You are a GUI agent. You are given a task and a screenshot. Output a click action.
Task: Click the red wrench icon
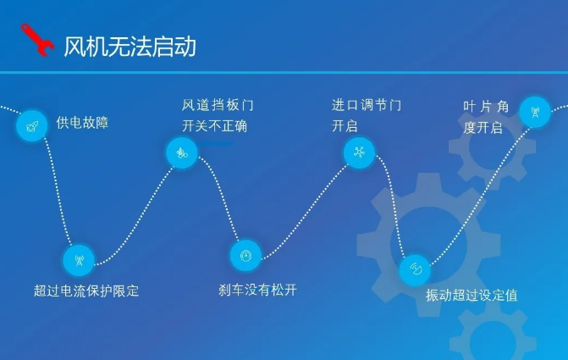coord(37,40)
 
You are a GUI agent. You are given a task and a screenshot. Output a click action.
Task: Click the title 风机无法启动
coord(130,47)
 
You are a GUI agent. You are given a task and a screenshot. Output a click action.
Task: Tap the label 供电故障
coord(82,123)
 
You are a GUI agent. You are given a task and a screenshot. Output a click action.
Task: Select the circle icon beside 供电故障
coord(32,126)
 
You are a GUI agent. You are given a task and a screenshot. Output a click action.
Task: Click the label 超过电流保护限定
coord(86,291)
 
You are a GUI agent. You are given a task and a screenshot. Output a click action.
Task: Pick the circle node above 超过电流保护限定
coord(79,260)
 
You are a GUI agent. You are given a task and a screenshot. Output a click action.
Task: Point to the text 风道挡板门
coord(218,105)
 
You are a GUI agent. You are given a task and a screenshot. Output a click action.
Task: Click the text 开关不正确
coord(214,126)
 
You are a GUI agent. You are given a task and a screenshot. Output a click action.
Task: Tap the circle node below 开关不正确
coord(181,152)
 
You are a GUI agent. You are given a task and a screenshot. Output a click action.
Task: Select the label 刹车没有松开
coord(257,290)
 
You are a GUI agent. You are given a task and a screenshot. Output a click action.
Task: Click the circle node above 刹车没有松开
coord(245,255)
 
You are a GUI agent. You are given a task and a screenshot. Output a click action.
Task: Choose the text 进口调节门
coord(367,105)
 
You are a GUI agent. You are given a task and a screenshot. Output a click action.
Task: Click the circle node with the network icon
coord(359,152)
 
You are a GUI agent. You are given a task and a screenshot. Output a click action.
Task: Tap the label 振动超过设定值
coord(471,295)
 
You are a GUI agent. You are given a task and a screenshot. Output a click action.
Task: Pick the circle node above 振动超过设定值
coord(415,269)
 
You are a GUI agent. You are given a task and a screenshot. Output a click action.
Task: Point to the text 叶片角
coord(486,107)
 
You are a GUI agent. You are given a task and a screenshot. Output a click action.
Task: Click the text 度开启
coord(483,128)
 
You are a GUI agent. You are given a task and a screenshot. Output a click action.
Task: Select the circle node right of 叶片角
coord(535,112)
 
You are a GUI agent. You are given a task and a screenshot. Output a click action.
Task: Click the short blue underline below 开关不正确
coord(215,144)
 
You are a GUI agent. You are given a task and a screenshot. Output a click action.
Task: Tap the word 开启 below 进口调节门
coord(345,126)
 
